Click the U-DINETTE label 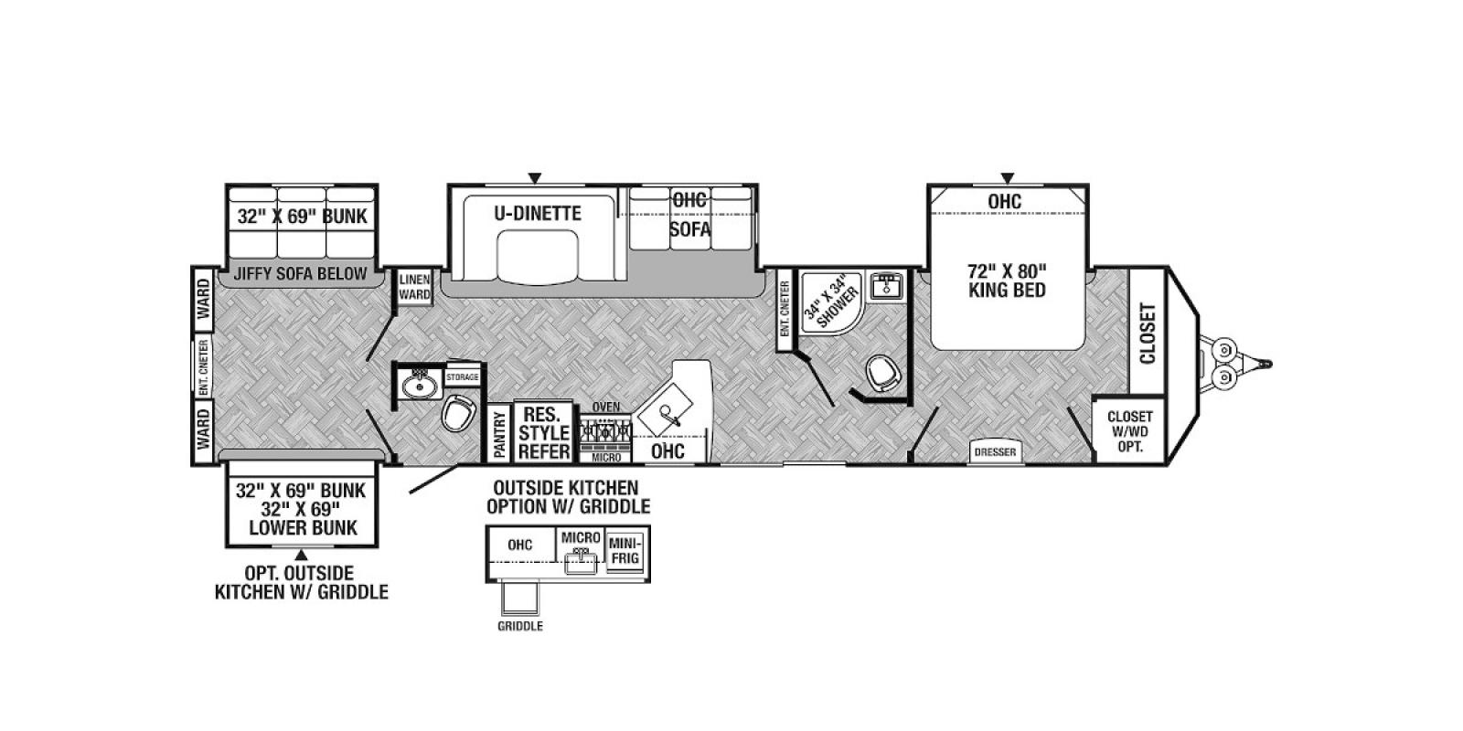(537, 214)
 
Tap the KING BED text (1007, 291)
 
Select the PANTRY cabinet (500, 433)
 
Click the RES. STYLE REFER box (543, 432)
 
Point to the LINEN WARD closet (414, 288)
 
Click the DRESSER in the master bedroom (995, 451)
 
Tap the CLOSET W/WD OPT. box (1129, 430)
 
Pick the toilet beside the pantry (458, 413)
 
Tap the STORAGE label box (463, 377)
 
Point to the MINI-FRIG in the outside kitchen (625, 549)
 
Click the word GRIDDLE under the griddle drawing (520, 627)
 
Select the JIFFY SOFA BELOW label (301, 274)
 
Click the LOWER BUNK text (303, 528)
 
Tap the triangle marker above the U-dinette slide (535, 177)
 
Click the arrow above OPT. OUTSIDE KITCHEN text (301, 555)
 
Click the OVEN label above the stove (606, 408)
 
